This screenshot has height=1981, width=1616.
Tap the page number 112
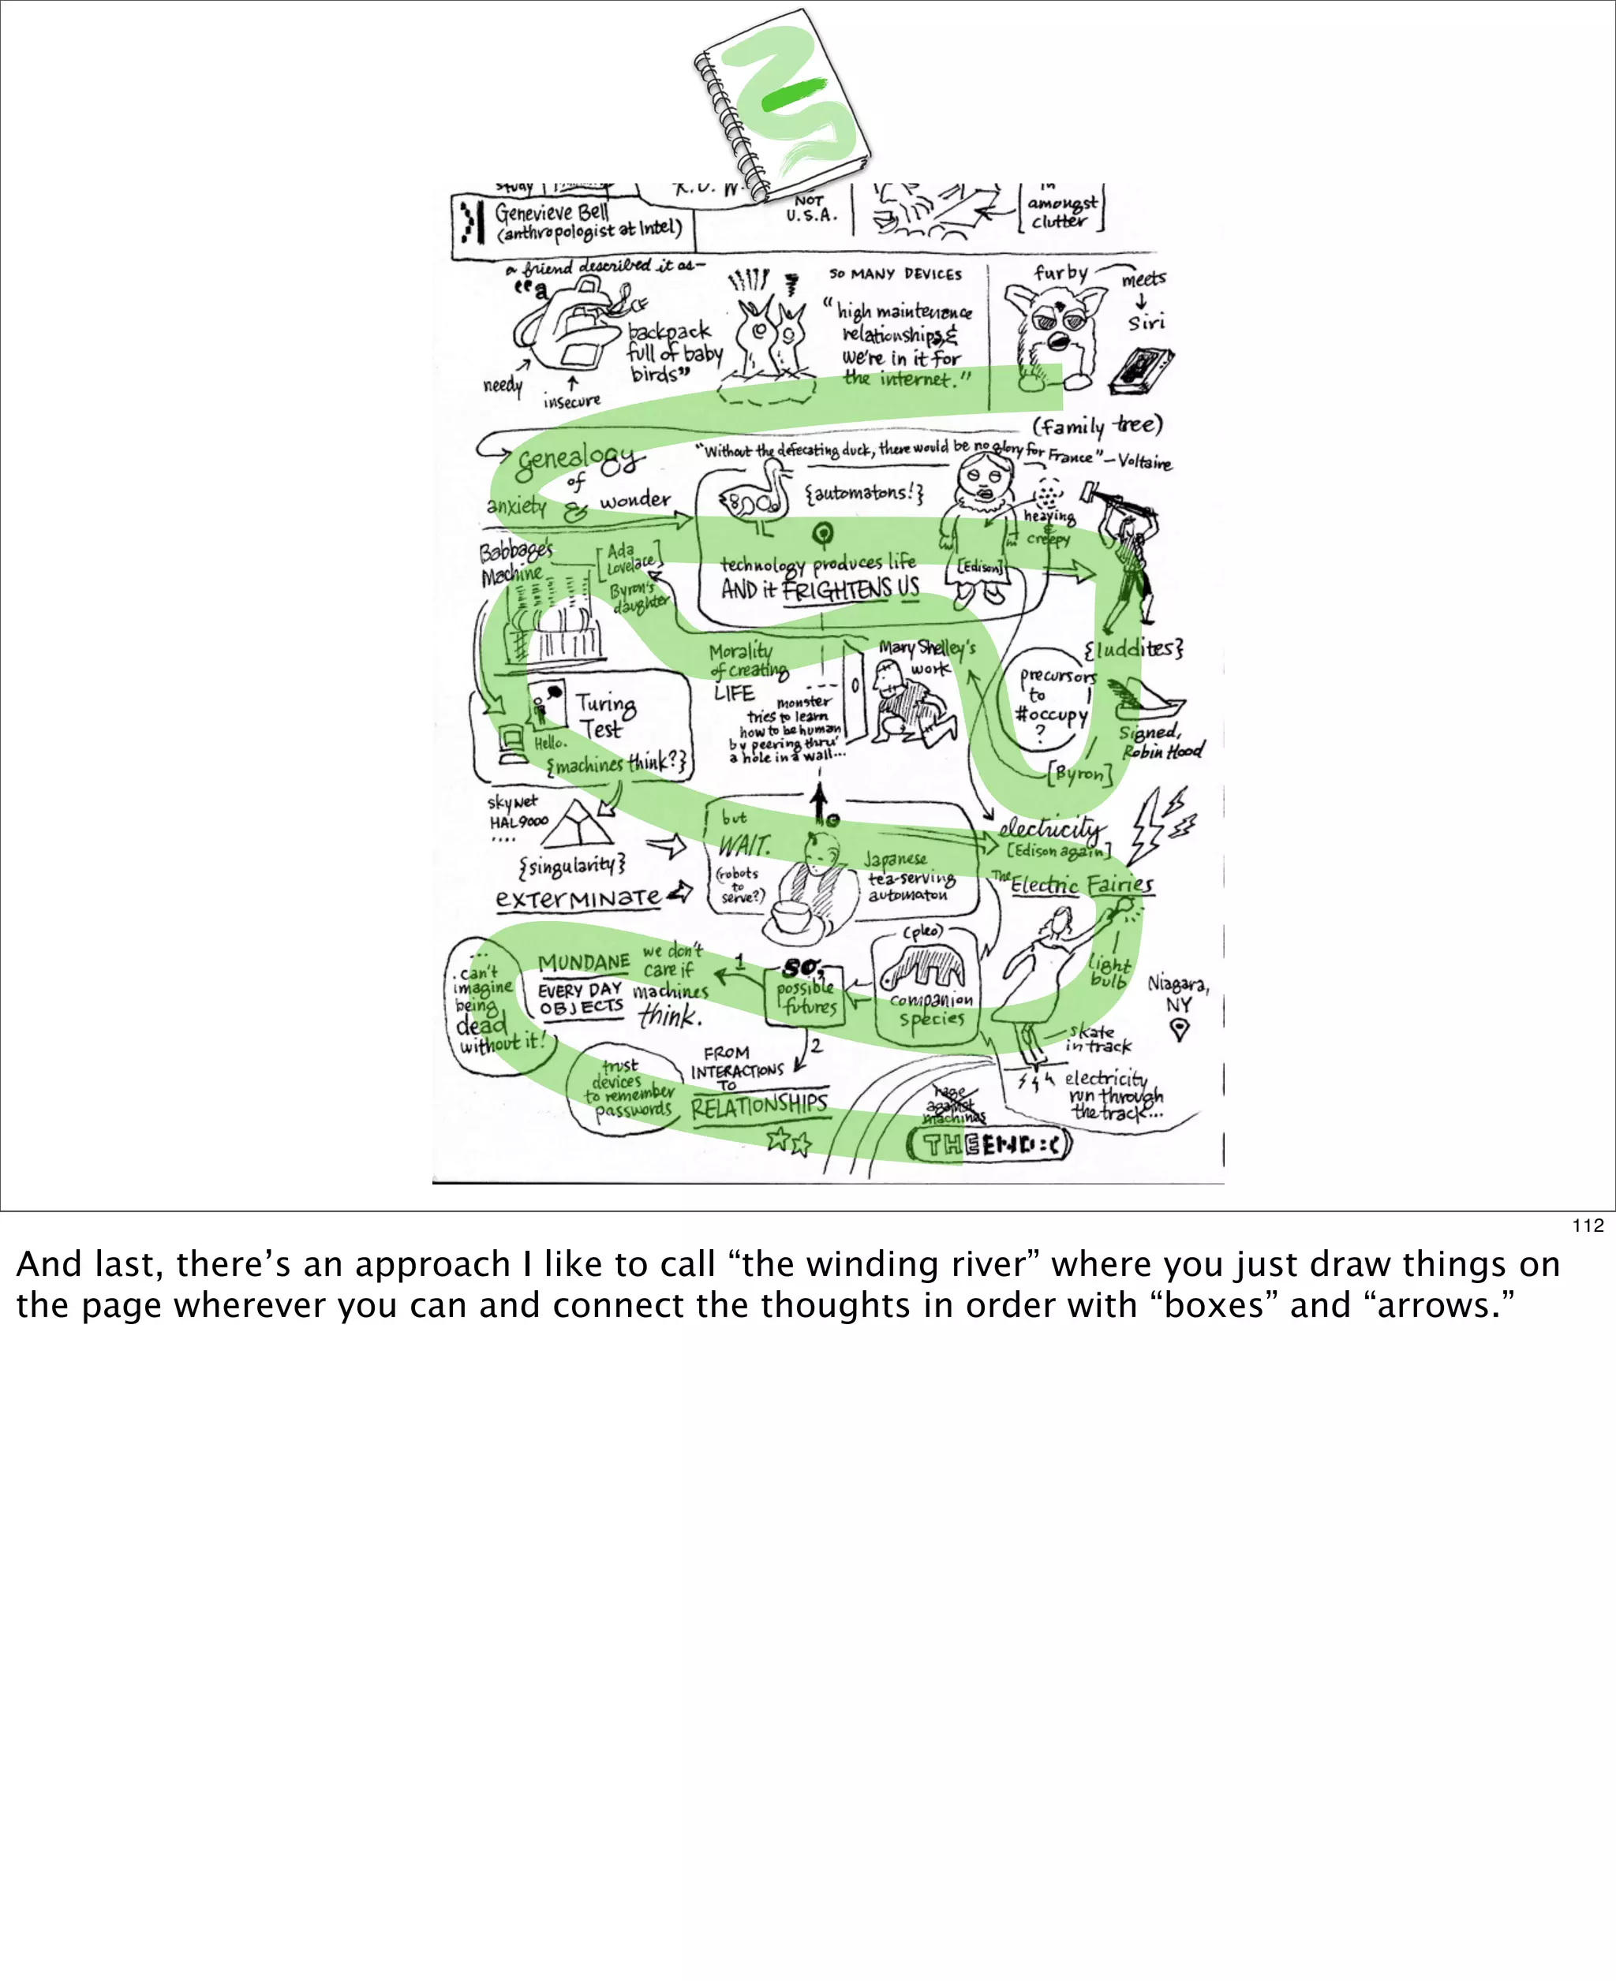point(1587,1226)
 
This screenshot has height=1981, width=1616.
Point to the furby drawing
point(1053,331)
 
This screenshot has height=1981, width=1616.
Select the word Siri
point(1146,322)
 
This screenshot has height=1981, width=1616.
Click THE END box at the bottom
point(989,1143)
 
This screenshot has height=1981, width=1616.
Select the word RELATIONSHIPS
point(758,1105)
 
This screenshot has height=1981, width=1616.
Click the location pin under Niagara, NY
point(1179,1029)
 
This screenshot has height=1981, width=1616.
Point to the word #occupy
point(1051,714)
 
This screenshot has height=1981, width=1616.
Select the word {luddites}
point(1133,648)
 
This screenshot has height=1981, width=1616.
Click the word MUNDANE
point(584,962)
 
